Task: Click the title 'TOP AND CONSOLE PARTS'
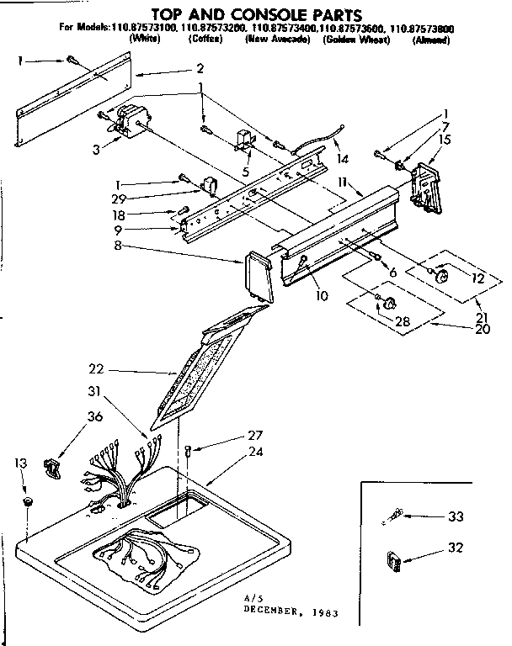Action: (256, 14)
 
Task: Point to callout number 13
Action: (20, 463)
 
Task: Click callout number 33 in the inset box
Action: (456, 516)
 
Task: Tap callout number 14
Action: (342, 159)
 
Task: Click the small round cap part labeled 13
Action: (28, 503)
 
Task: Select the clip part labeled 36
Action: (53, 465)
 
